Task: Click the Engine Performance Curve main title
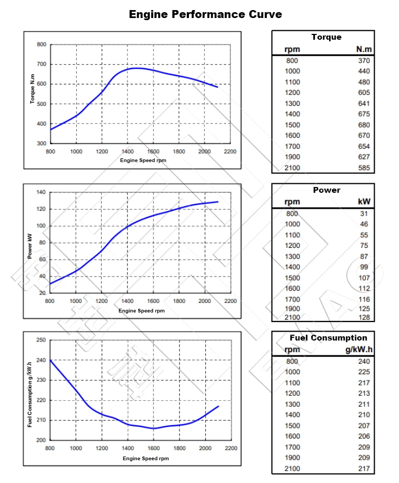pyautogui.click(x=205, y=14)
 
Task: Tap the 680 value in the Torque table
pyautogui.click(x=364, y=125)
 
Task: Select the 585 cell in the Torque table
pyautogui.click(x=364, y=168)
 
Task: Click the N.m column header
pyautogui.click(x=364, y=49)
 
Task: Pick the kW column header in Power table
pyautogui.click(x=364, y=201)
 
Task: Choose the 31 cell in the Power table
pyautogui.click(x=365, y=213)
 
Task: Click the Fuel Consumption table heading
pyautogui.click(x=328, y=338)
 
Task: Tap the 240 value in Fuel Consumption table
pyautogui.click(x=364, y=361)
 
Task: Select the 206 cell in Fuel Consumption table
pyautogui.click(x=364, y=436)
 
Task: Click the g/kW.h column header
pyautogui.click(x=359, y=349)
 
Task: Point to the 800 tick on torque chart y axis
pyautogui.click(x=41, y=44)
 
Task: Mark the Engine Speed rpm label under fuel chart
pyautogui.click(x=146, y=458)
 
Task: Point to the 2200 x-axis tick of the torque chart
pyautogui.click(x=230, y=151)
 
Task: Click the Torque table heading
pyautogui.click(x=327, y=37)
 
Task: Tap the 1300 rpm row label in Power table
pyautogui.click(x=292, y=256)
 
